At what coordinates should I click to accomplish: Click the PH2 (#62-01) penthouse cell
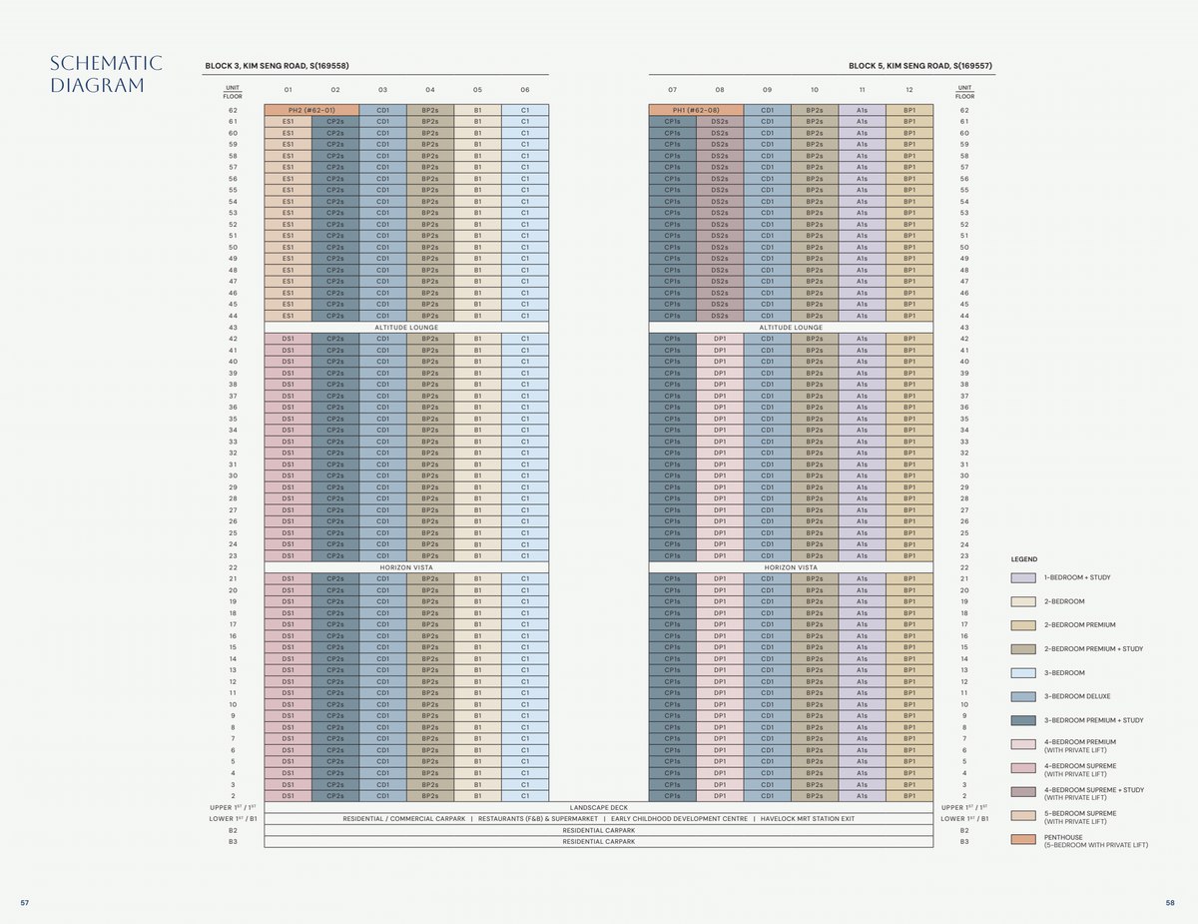(310, 110)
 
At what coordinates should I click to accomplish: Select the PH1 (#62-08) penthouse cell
(695, 110)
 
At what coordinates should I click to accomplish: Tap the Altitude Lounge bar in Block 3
(406, 328)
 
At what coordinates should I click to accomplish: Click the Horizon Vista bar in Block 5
(791, 567)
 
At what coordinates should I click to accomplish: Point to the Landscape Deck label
(599, 807)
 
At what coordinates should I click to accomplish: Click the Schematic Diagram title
(105, 75)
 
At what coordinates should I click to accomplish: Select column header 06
(525, 90)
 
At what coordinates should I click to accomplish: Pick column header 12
(909, 90)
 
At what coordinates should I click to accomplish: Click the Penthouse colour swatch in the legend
(1023, 839)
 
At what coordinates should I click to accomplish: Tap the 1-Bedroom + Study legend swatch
(1023, 577)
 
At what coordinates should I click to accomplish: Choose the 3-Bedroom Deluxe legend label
(1077, 696)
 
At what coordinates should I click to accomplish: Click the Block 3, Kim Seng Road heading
(277, 66)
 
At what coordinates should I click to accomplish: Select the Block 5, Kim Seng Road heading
(919, 66)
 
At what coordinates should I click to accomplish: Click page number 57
(25, 903)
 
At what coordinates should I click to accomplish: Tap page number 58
(1170, 903)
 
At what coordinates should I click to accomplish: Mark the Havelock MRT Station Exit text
(808, 819)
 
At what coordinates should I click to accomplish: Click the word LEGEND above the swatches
(1023, 559)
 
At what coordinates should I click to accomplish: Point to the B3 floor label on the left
(233, 842)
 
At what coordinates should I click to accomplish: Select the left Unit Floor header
(233, 91)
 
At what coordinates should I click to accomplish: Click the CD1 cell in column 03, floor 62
(382, 110)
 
